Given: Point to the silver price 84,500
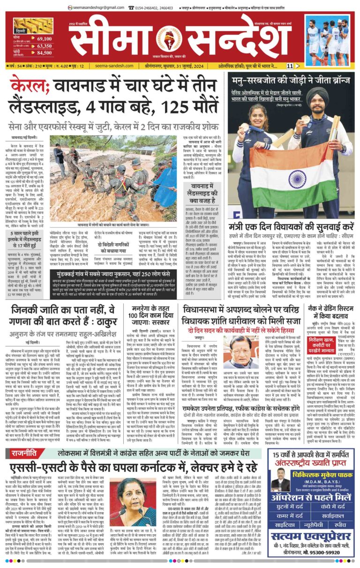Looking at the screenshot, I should pos(44,53).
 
